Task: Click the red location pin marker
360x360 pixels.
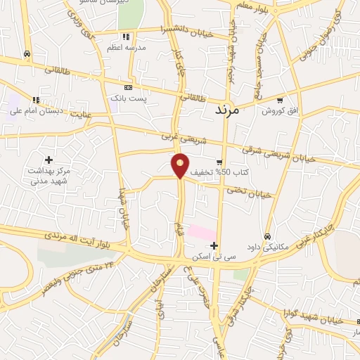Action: pyautogui.click(x=181, y=165)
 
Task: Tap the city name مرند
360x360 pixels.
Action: pyautogui.click(x=226, y=110)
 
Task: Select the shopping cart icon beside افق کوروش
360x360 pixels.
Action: pyautogui.click(x=281, y=100)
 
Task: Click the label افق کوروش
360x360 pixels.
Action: pyautogui.click(x=281, y=111)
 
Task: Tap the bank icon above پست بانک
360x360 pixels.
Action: pyautogui.click(x=127, y=86)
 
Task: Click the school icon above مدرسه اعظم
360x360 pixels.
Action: pyautogui.click(x=126, y=37)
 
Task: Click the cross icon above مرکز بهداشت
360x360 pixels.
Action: pyautogui.click(x=49, y=160)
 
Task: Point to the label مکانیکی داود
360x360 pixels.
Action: pyautogui.click(x=268, y=247)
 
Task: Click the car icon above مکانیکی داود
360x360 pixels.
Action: pyautogui.click(x=268, y=236)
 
